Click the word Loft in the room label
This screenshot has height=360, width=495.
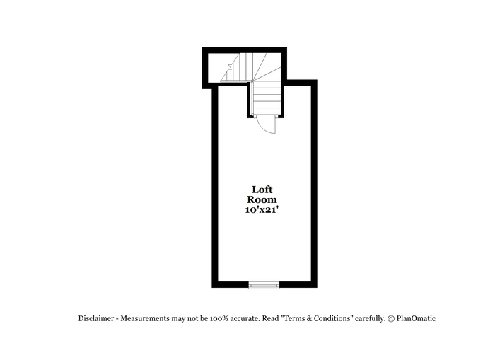point(262,190)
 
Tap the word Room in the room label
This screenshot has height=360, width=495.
point(262,199)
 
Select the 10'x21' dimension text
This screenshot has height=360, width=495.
point(262,209)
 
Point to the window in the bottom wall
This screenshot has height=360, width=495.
point(264,285)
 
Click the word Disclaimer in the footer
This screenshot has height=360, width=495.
point(96,318)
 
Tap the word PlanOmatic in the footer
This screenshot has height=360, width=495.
point(416,318)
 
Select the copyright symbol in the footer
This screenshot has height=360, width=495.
point(391,319)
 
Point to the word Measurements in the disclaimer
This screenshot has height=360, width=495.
point(145,318)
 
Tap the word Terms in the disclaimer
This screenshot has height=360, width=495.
point(293,318)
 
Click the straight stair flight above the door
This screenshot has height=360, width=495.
point(267,98)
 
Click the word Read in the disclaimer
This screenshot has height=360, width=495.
point(270,318)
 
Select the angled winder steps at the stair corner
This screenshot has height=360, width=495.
point(267,67)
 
